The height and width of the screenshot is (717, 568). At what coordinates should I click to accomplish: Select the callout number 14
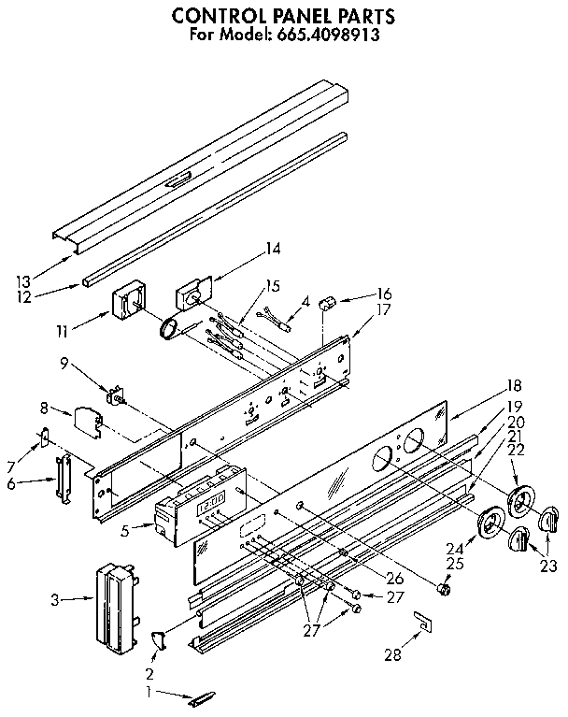pyautogui.click(x=272, y=249)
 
